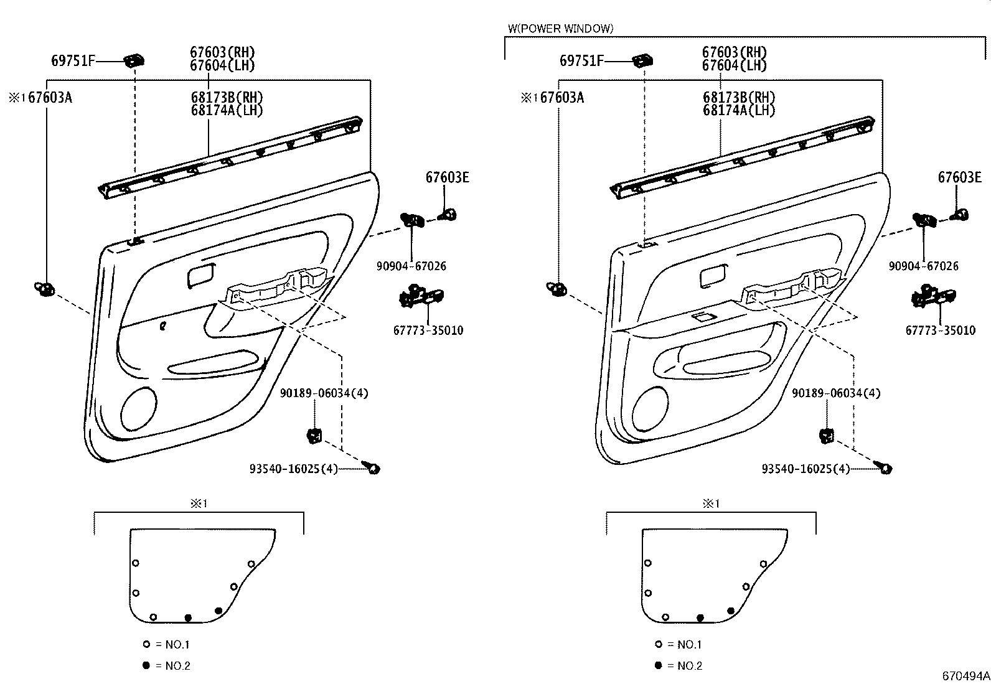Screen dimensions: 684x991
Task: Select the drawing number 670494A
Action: [965, 675]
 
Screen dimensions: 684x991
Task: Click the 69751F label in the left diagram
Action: [73, 60]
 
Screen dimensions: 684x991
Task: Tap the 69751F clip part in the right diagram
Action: [642, 60]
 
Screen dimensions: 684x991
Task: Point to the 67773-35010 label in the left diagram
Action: [428, 330]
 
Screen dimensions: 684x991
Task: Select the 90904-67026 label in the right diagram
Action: [923, 266]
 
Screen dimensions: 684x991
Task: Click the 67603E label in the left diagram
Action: [447, 177]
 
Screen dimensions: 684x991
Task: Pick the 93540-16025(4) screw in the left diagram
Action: [373, 468]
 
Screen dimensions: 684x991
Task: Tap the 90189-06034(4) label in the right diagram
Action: [836, 393]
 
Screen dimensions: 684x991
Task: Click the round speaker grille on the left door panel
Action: [138, 409]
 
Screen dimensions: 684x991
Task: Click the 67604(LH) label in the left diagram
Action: [222, 65]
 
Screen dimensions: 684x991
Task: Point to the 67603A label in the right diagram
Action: [561, 97]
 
